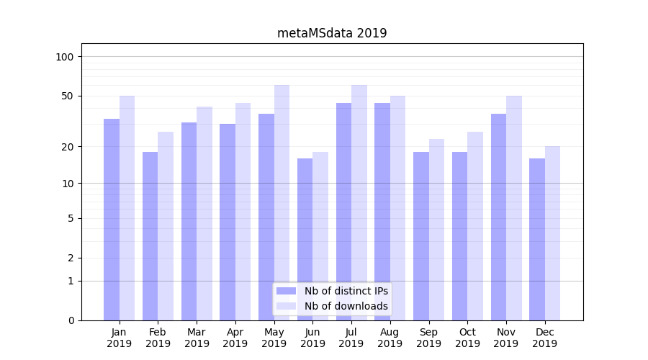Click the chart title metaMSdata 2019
[x=332, y=33]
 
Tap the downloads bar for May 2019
[x=282, y=202]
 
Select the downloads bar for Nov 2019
[x=514, y=208]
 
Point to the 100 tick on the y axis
[x=65, y=57]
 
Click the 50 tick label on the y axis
[x=68, y=96]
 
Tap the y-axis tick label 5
[x=71, y=218]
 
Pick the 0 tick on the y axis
[x=71, y=320]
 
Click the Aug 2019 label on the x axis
[x=390, y=338]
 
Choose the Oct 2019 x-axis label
[x=467, y=338]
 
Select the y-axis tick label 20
[x=68, y=147]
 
